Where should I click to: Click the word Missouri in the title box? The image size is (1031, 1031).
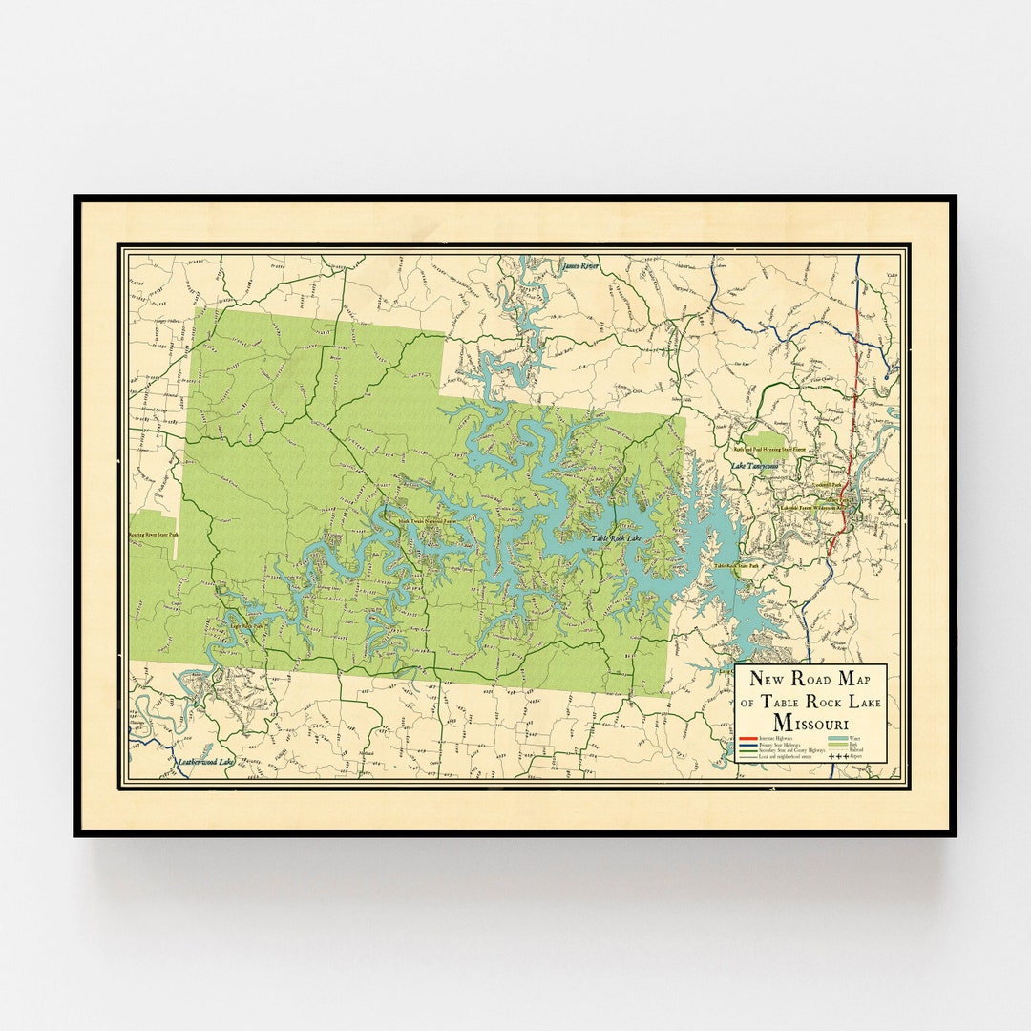click(811, 723)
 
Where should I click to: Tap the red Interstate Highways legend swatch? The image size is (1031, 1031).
click(748, 738)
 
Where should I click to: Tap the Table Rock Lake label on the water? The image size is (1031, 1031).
click(618, 538)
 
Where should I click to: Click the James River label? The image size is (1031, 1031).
click(580, 266)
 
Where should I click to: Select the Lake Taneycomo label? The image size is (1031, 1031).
click(755, 466)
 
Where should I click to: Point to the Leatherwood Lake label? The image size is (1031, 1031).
click(206, 762)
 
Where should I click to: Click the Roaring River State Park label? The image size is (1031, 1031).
click(154, 535)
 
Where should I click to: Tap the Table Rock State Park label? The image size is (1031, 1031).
click(736, 566)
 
